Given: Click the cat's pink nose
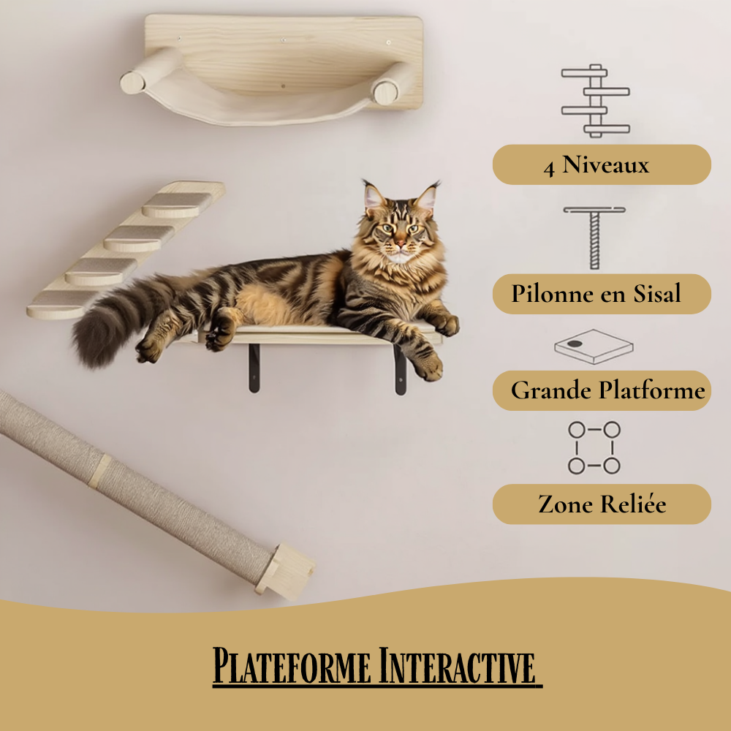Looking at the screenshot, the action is click(400, 243).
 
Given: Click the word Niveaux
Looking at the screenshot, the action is click(605, 164).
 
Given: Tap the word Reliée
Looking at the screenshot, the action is click(633, 504).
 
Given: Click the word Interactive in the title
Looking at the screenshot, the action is click(457, 666).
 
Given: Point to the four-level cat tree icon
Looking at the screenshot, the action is click(595, 101).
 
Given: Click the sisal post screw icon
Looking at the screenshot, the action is click(594, 238).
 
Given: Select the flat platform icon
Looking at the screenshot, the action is click(594, 346).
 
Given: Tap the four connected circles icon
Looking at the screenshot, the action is click(594, 447).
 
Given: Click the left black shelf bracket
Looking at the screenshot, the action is click(254, 368).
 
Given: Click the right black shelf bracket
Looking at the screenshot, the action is click(400, 370).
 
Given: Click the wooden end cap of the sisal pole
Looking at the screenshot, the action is click(285, 571).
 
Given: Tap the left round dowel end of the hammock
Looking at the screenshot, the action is click(132, 83).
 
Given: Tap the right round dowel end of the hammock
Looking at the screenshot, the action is click(385, 94).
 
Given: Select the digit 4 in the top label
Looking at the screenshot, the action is click(549, 168).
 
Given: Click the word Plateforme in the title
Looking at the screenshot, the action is click(292, 666).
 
